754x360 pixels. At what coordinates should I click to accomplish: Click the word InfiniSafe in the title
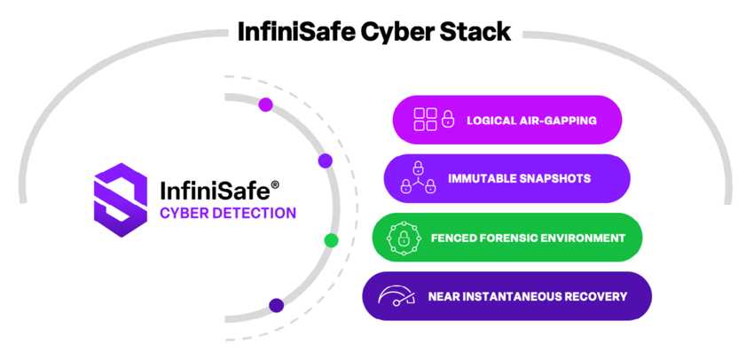point(295,32)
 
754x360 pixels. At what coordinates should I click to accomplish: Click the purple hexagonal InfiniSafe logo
point(120,199)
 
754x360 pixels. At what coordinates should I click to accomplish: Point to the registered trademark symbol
point(275,184)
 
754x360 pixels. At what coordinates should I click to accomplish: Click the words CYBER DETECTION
point(228,213)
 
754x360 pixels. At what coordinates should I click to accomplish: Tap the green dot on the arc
point(332,240)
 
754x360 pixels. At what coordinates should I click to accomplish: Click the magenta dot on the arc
point(265,105)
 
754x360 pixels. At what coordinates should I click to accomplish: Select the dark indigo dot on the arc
point(277,305)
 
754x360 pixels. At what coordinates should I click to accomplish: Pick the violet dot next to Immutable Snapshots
point(326,160)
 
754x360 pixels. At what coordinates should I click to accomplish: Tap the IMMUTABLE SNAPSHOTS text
point(519,179)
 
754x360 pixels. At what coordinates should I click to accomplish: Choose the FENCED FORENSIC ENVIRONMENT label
point(527,238)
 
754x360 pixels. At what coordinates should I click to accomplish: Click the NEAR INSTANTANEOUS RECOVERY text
point(527,296)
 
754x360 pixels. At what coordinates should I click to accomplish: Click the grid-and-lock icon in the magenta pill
point(435,120)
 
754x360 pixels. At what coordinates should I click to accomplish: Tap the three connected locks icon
point(418,178)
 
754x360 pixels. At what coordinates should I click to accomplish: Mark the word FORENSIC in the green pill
point(513,238)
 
